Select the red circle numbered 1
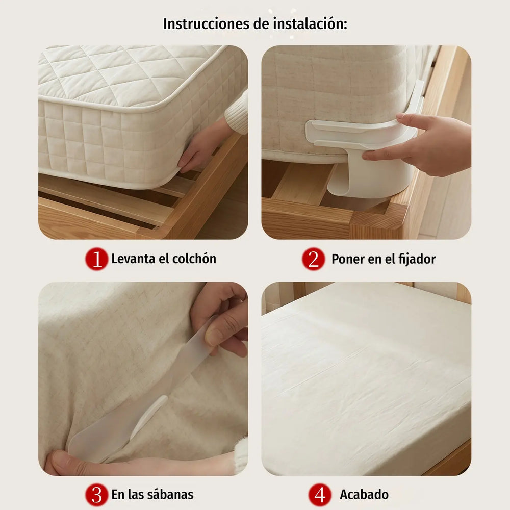pyautogui.click(x=96, y=259)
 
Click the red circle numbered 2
pyautogui.click(x=313, y=259)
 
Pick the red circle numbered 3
pyautogui.click(x=96, y=494)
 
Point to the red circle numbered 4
pyautogui.click(x=320, y=494)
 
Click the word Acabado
pyautogui.click(x=364, y=494)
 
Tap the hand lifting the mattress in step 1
pyautogui.click(x=203, y=146)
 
